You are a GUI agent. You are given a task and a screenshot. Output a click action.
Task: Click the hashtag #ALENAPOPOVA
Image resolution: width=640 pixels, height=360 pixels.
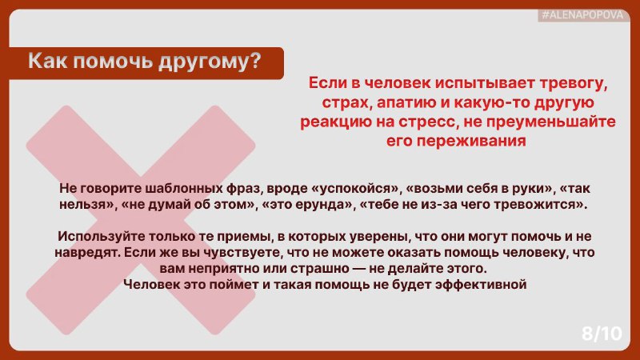(583, 15)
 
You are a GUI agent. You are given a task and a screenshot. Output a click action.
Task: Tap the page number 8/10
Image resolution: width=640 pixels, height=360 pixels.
(602, 334)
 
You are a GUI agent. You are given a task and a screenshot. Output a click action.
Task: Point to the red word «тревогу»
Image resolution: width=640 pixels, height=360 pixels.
(574, 83)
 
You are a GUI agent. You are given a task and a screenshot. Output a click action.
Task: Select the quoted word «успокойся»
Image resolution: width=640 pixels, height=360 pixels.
(354, 189)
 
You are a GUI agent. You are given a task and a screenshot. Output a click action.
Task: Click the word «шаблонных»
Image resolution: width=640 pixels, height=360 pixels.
(183, 188)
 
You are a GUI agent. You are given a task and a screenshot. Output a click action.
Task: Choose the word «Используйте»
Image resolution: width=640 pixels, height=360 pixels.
(101, 236)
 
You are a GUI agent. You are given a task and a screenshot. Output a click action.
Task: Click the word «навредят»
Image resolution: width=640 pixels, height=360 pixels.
(86, 252)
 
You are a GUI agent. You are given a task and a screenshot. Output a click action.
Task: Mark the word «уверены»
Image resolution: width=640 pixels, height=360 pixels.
(380, 236)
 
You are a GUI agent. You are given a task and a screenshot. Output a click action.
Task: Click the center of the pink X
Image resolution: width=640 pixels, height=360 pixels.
(141, 221)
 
